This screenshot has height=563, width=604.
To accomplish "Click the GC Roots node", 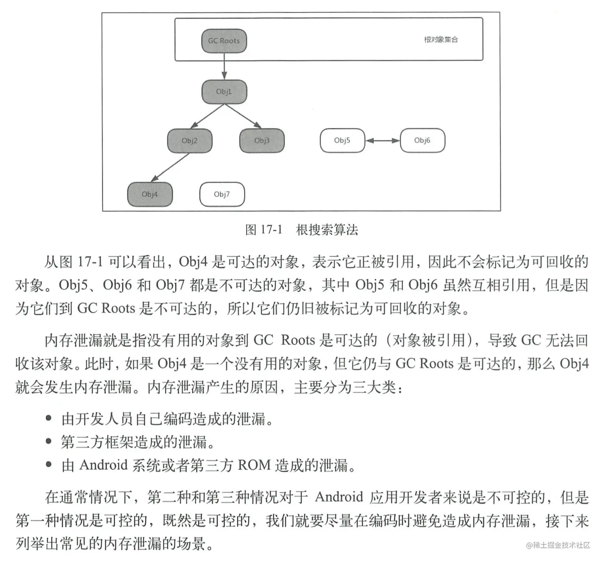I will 224,41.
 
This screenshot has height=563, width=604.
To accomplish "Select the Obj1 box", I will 224,92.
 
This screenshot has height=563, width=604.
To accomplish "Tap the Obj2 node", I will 189,141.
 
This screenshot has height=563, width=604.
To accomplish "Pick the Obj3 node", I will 262,141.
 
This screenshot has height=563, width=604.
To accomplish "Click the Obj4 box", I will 150,194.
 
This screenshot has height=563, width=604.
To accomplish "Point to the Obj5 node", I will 342,140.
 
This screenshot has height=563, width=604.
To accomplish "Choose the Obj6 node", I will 422,140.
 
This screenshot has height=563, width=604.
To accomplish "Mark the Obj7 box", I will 222,194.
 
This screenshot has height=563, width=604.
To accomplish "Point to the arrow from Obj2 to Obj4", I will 170,168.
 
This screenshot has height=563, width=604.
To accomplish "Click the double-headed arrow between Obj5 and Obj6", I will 382,141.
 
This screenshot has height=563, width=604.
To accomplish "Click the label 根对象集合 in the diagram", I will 441,40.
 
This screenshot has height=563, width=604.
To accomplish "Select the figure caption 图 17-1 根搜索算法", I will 302,230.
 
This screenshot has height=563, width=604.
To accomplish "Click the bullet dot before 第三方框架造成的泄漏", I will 49,442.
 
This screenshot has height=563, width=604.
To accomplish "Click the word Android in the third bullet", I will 103,466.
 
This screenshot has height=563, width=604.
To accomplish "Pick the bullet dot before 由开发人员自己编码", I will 49,418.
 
